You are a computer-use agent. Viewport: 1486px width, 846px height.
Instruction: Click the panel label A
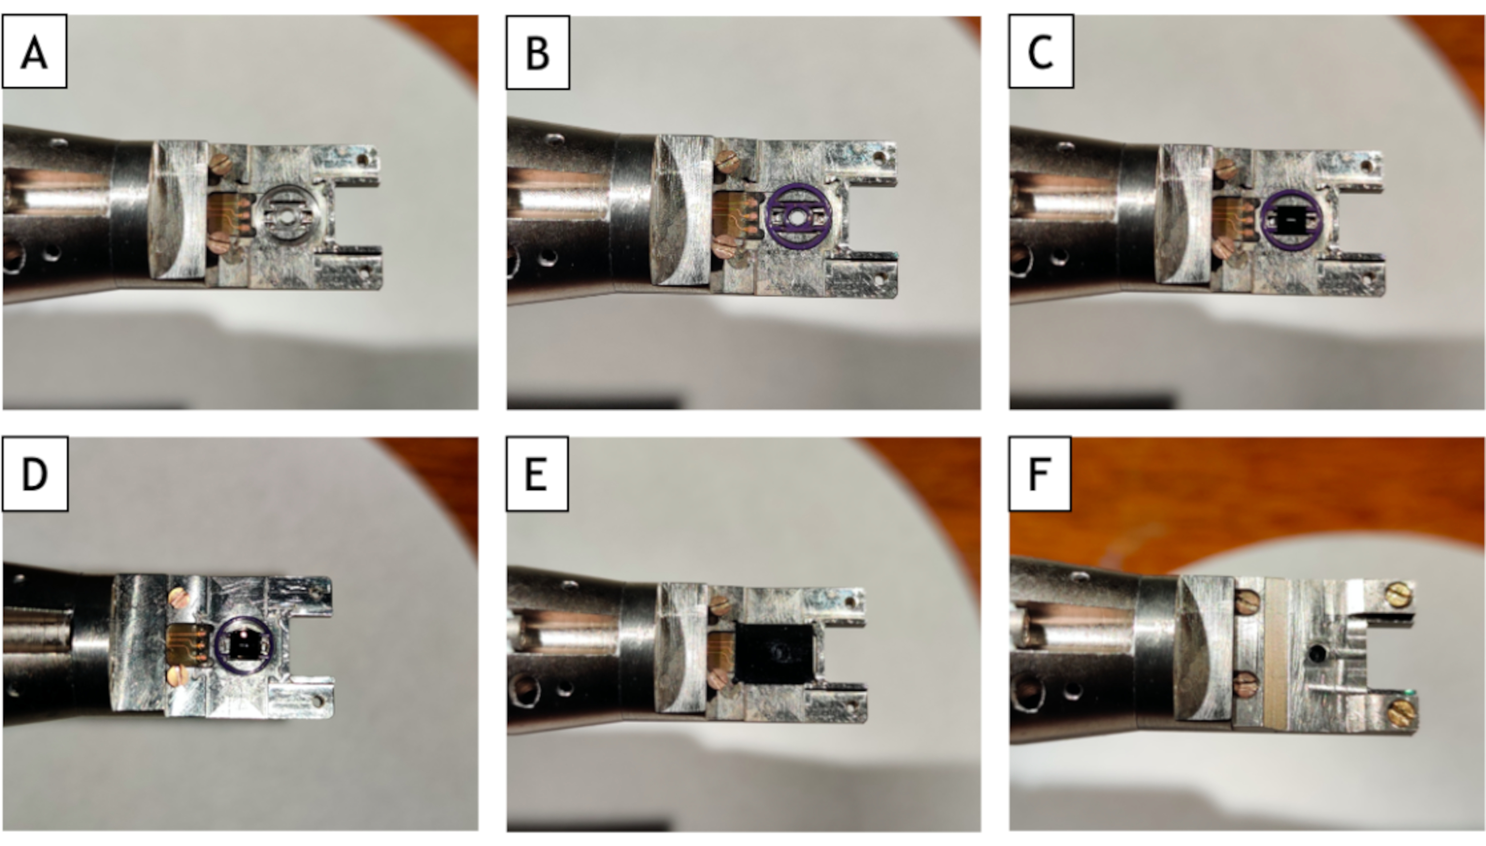34,52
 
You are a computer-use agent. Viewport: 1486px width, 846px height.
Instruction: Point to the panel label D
34,474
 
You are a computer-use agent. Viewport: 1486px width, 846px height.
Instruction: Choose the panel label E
537,474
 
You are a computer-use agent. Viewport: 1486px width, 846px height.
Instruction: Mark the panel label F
1040,474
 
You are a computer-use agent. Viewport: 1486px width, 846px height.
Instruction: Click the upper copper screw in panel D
179,597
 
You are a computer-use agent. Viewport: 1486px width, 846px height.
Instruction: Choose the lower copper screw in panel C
1224,248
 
